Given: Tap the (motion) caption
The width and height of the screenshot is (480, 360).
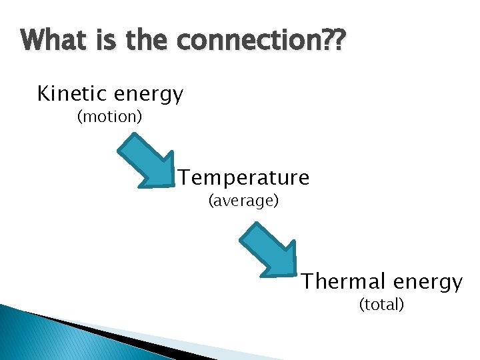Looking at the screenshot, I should point(109,117).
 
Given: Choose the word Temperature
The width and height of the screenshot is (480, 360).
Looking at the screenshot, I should point(244,178).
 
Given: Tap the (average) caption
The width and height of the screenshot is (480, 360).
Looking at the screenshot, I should point(243,201).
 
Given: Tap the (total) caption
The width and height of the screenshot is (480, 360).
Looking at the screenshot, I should point(381,305).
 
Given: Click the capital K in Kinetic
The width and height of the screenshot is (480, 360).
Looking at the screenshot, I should point(44,94).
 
